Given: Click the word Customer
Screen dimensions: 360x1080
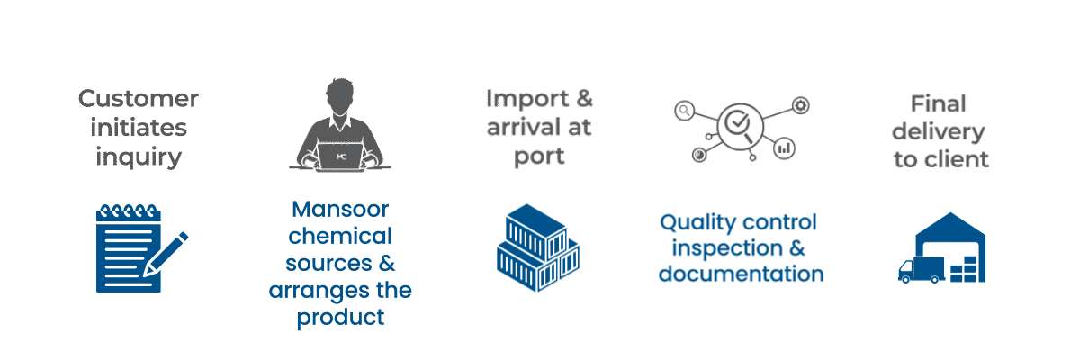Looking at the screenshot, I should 139,98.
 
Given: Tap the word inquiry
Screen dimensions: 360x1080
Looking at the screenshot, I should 139,157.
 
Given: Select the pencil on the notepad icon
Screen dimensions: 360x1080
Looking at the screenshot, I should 167,253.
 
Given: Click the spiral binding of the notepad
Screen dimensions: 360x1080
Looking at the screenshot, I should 127,212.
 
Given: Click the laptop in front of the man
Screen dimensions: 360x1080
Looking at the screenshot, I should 340,156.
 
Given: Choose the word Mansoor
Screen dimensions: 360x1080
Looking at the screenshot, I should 340,210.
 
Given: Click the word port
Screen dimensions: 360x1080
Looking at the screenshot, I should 539,156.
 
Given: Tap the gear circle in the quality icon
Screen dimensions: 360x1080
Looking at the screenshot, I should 801,105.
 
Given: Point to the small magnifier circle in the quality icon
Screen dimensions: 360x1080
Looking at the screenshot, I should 685,111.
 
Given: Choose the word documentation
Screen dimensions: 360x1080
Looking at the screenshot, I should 741,273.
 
